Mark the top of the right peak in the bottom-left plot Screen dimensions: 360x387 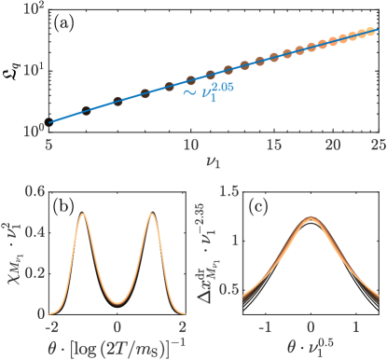pos(150,215)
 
